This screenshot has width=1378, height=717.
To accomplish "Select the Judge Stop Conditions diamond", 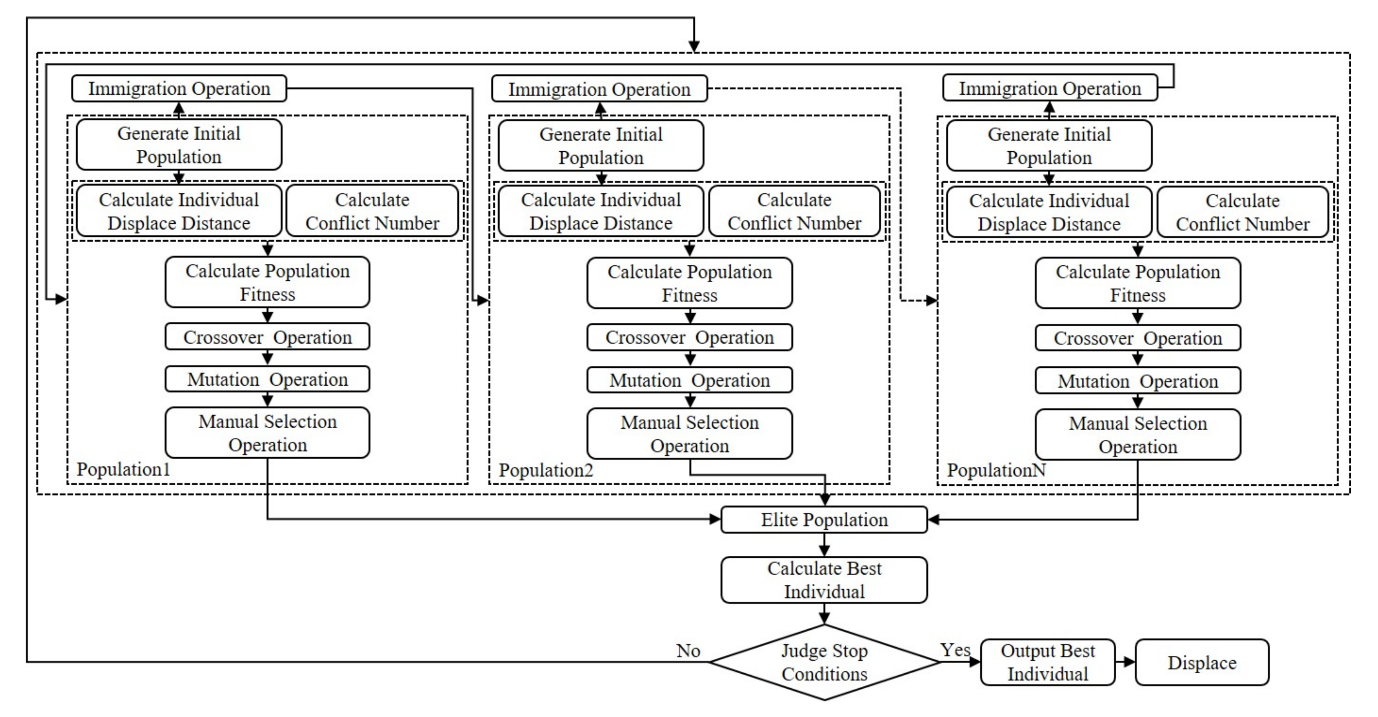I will pyautogui.click(x=824, y=662).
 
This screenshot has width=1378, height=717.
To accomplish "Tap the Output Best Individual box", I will pyautogui.click(x=1047, y=662).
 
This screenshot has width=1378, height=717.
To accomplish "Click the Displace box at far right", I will pyautogui.click(x=1201, y=663).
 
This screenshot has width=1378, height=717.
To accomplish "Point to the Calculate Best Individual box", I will pyautogui.click(x=824, y=580).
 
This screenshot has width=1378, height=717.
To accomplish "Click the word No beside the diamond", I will pyautogui.click(x=688, y=651).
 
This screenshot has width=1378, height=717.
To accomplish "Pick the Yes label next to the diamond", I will pyautogui.click(x=955, y=650).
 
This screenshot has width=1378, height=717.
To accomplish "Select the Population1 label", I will pyautogui.click(x=123, y=470).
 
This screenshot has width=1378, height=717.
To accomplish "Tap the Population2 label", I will pyautogui.click(x=546, y=470).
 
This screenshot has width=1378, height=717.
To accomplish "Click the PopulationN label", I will pyautogui.click(x=996, y=470).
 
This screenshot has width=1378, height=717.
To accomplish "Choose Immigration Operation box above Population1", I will pyautogui.click(x=179, y=88).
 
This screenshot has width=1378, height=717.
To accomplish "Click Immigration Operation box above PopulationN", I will pyautogui.click(x=1050, y=88).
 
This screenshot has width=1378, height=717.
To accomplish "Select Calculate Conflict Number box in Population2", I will pyautogui.click(x=794, y=211).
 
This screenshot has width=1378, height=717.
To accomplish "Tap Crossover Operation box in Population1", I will pyautogui.click(x=267, y=337).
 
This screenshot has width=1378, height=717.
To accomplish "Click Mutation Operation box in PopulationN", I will pyautogui.click(x=1138, y=381).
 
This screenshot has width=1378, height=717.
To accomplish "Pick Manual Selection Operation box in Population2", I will pyautogui.click(x=689, y=434).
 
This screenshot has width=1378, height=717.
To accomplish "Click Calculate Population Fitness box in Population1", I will pyautogui.click(x=267, y=282).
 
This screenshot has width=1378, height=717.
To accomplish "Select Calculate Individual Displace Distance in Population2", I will pyautogui.click(x=601, y=211).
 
